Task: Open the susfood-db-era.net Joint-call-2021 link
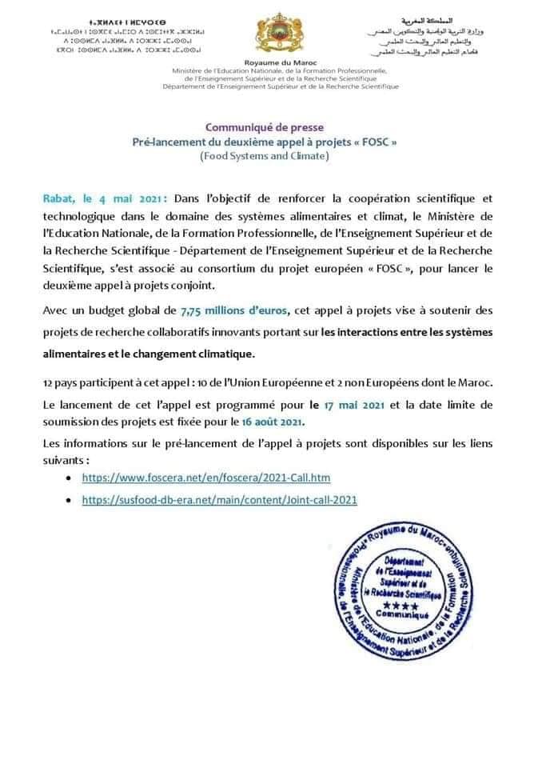tap(219, 499)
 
